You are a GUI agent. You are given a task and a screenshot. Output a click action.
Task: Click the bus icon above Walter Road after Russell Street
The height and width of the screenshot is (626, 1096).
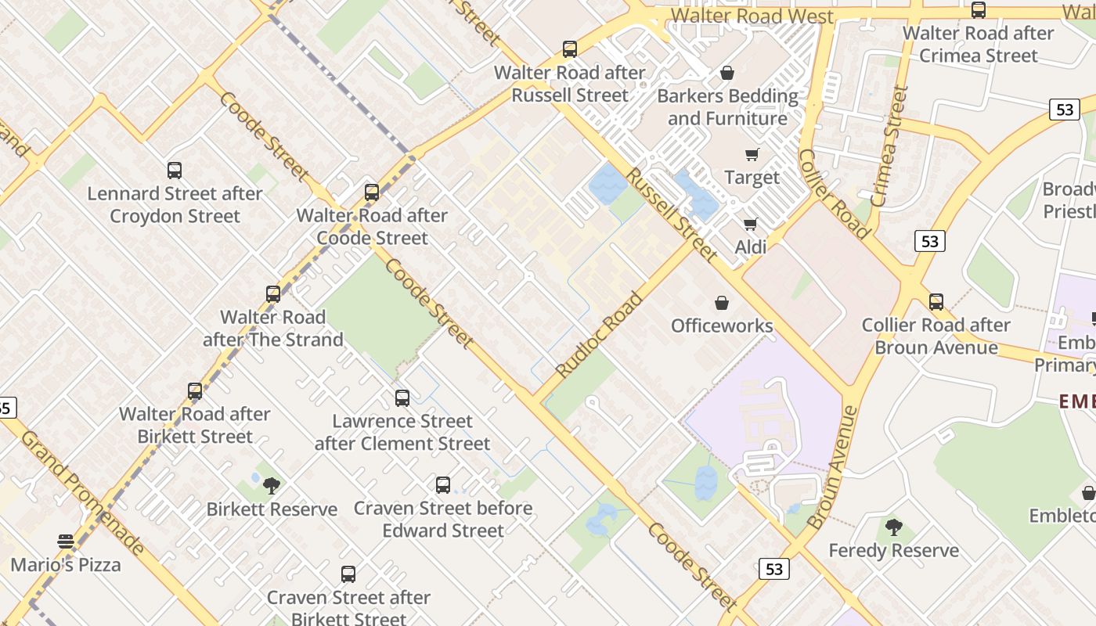[570, 49]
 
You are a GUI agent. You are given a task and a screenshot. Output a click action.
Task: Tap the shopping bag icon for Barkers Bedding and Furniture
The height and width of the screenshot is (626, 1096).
[727, 73]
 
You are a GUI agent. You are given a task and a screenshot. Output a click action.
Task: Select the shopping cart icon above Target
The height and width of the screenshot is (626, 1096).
[752, 154]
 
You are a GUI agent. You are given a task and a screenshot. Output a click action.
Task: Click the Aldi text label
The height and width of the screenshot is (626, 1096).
[751, 247]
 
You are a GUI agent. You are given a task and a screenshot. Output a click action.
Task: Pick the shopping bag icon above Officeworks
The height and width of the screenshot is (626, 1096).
[722, 302]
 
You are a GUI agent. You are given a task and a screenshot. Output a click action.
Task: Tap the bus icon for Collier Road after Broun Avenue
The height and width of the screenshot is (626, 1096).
[936, 301]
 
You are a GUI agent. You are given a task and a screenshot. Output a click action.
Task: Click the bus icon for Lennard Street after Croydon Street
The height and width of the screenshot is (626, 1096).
[175, 170]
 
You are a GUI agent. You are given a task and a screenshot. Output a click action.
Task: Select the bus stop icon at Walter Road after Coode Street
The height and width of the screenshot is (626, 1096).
[372, 192]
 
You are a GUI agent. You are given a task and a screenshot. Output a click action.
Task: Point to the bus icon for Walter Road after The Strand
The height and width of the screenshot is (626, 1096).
[273, 294]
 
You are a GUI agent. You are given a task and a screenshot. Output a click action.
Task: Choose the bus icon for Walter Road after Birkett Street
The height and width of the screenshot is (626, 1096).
[195, 390]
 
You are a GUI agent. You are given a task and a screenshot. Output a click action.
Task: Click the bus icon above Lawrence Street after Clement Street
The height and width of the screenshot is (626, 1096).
[402, 398]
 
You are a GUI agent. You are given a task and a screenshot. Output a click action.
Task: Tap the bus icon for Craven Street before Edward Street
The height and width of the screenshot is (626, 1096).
[443, 484]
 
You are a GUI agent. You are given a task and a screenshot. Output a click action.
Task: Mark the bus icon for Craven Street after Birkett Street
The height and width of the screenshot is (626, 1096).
[348, 574]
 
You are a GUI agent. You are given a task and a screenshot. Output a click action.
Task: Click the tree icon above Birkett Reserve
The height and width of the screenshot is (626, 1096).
[272, 486]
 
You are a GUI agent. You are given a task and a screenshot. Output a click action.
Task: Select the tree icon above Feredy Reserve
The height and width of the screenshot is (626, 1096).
[894, 527]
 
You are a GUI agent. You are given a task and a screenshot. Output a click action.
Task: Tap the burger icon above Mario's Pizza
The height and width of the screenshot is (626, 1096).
[66, 541]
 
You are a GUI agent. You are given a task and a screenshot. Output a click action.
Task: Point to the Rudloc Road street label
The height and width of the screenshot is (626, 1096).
[599, 334]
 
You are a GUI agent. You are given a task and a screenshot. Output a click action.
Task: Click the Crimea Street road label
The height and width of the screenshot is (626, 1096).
[889, 146]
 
